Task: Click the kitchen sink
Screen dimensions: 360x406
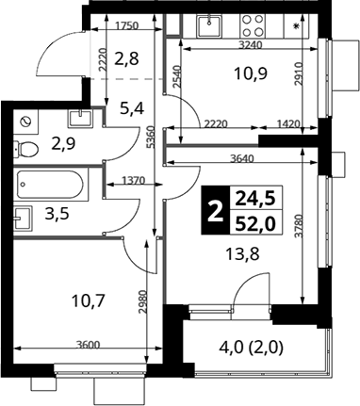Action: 208,25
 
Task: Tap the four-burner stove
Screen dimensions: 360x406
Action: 254,25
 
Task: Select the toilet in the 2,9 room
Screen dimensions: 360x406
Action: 25,148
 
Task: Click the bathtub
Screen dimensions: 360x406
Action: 51,184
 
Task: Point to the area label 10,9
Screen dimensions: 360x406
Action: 251,74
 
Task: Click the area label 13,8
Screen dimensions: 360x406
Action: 243,253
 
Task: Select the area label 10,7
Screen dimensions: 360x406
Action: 88,301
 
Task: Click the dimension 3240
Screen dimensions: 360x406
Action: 251,45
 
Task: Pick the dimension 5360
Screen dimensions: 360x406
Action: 151,138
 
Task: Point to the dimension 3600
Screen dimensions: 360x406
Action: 88,345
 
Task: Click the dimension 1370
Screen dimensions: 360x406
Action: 133,181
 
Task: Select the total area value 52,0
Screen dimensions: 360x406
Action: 255,224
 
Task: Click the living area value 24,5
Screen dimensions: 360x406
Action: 255,199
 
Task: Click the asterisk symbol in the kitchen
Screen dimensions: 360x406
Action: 296,26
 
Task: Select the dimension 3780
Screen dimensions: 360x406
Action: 302,226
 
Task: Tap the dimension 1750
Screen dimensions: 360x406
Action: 127,25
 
